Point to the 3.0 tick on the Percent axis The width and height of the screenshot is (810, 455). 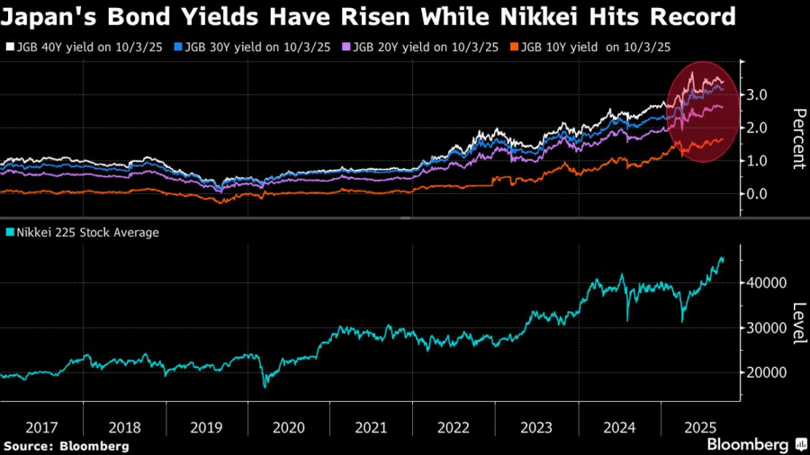[x=757, y=94]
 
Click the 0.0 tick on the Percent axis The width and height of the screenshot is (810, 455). [x=757, y=193]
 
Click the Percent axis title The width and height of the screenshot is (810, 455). [x=797, y=138]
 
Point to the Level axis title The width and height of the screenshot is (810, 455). [x=797, y=324]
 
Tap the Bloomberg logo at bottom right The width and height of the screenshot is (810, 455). [x=756, y=444]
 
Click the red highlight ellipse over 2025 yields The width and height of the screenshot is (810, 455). [x=701, y=112]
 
